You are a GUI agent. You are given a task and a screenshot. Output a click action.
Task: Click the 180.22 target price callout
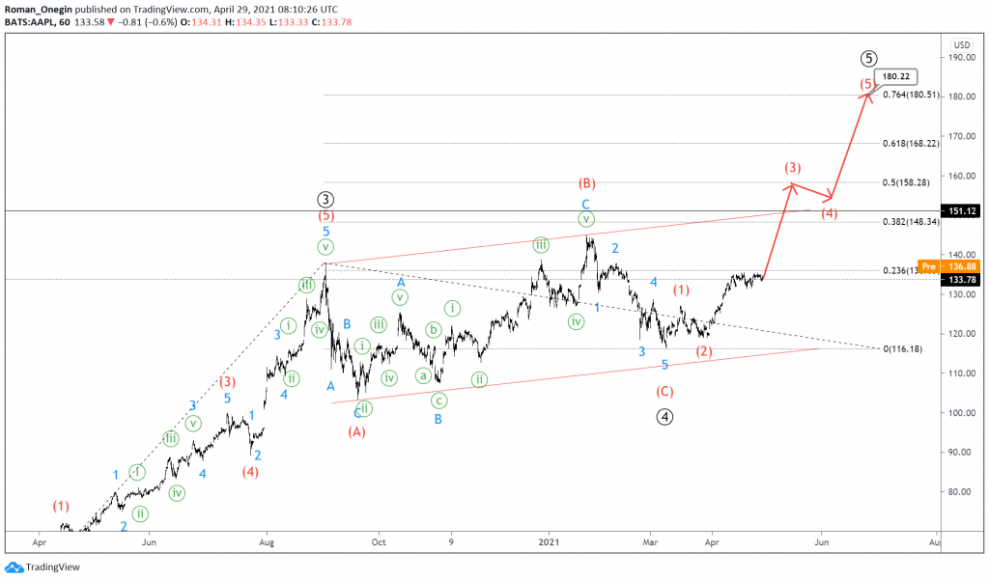coord(894,76)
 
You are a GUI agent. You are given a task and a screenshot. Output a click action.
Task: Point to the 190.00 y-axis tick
coord(962,57)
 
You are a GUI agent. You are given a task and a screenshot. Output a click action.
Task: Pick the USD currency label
coord(961,44)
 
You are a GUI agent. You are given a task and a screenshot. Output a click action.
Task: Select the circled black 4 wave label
coord(664,417)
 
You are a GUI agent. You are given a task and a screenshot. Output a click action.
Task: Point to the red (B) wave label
coord(585,183)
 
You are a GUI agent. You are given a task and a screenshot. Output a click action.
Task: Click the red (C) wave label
coord(664,391)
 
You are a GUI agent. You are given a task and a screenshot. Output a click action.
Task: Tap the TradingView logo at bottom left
coord(42,567)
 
